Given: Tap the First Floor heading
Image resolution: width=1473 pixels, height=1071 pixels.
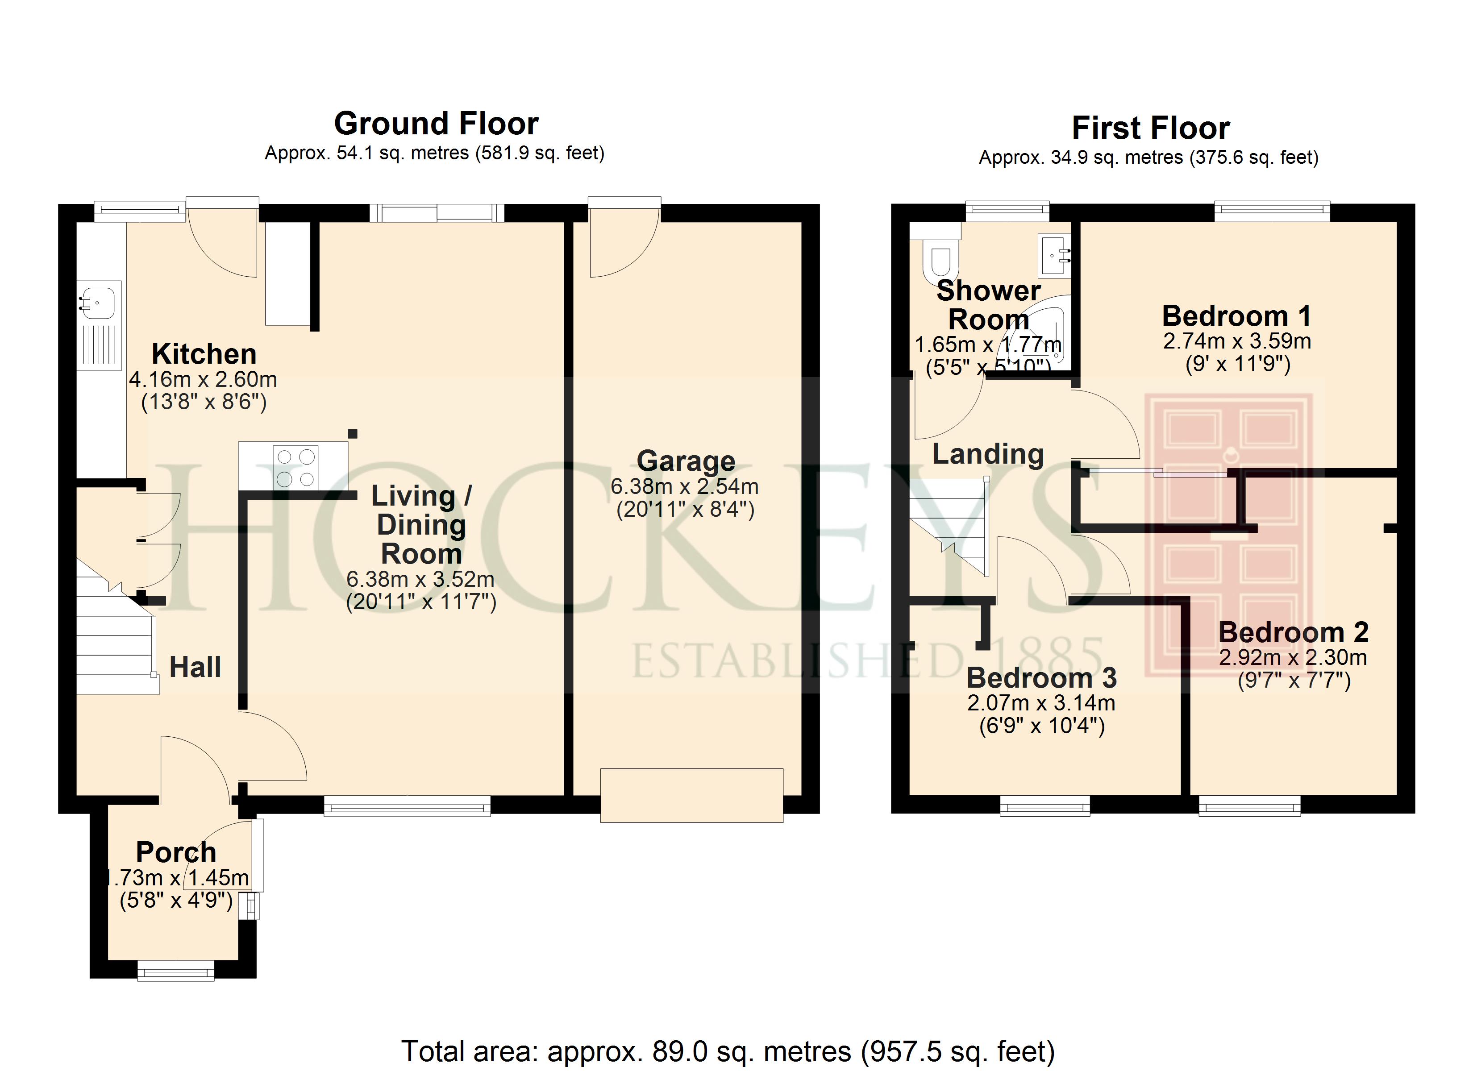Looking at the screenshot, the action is coord(1150,128).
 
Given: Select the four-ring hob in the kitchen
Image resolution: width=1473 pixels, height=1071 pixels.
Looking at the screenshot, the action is coord(296,467).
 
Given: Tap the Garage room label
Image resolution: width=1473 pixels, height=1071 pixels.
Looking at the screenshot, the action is coord(686,461).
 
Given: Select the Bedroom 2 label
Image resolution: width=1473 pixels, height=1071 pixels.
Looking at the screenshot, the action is coord(1293,632).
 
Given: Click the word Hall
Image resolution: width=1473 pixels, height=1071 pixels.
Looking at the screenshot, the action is coord(195,667).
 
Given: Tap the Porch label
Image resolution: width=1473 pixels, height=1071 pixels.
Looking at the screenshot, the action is coord(176,852).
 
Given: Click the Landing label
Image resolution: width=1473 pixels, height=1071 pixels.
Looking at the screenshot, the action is coord(988,454).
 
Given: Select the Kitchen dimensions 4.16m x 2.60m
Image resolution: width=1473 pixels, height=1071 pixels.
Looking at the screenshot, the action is coord(203,379).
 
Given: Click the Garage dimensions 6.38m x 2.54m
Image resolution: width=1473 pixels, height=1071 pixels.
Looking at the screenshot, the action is coord(685,486).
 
